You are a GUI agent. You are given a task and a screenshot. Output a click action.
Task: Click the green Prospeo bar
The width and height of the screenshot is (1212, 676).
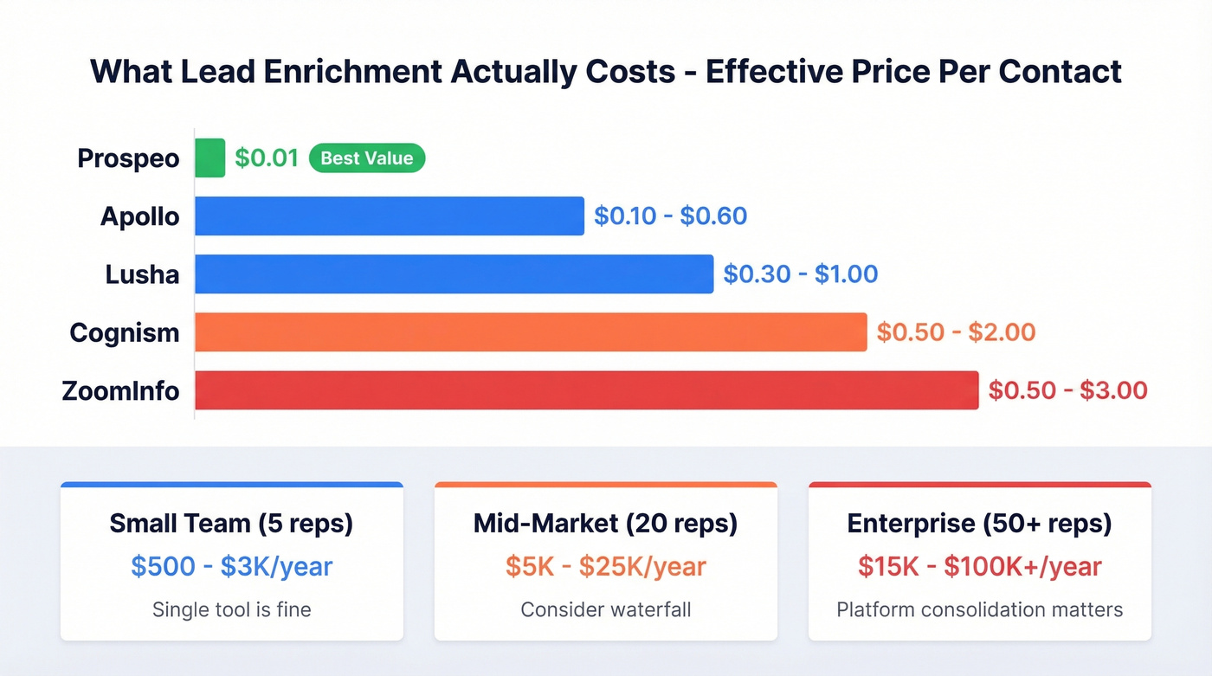[210, 158]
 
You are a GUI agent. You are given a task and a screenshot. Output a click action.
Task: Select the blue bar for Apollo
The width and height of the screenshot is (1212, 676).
[389, 216]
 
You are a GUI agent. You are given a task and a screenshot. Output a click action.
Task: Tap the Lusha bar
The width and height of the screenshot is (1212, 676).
[454, 274]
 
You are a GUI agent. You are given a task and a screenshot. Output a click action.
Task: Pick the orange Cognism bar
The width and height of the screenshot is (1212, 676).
[530, 332]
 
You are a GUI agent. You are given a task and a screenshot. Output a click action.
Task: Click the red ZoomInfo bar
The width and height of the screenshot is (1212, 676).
[586, 390]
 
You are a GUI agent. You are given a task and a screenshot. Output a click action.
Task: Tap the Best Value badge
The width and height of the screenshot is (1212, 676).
[367, 158]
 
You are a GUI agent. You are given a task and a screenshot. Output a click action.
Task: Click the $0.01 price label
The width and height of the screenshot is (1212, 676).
[267, 158]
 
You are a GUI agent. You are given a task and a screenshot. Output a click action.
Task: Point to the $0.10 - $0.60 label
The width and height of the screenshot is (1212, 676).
[670, 216]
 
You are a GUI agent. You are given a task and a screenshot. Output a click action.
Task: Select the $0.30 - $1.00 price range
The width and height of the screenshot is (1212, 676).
[800, 274]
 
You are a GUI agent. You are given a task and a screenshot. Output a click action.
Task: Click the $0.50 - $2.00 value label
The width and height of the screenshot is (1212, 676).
[956, 332]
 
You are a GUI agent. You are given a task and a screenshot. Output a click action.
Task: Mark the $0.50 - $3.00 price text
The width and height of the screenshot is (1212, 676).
[1067, 390]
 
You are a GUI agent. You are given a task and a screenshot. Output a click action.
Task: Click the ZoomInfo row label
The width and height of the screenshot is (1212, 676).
[121, 390]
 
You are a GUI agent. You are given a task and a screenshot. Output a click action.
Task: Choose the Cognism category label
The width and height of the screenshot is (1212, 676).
[125, 332]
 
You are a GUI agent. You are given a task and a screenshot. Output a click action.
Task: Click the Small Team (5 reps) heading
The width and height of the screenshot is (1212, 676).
[231, 524]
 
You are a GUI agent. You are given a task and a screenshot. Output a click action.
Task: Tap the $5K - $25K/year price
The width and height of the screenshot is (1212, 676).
[605, 567]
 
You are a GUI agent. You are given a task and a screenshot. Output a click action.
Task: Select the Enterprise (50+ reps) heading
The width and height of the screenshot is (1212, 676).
[979, 524]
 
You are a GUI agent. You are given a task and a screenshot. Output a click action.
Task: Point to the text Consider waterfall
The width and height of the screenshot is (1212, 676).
[605, 609]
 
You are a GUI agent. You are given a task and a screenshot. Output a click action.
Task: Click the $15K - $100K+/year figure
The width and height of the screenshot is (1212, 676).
[979, 567]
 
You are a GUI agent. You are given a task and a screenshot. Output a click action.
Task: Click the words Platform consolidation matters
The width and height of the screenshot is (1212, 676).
[979, 609]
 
